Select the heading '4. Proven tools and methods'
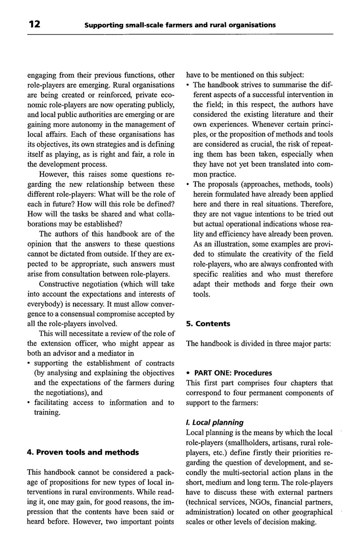83,452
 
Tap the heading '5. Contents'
208,324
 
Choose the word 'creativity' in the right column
282,254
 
